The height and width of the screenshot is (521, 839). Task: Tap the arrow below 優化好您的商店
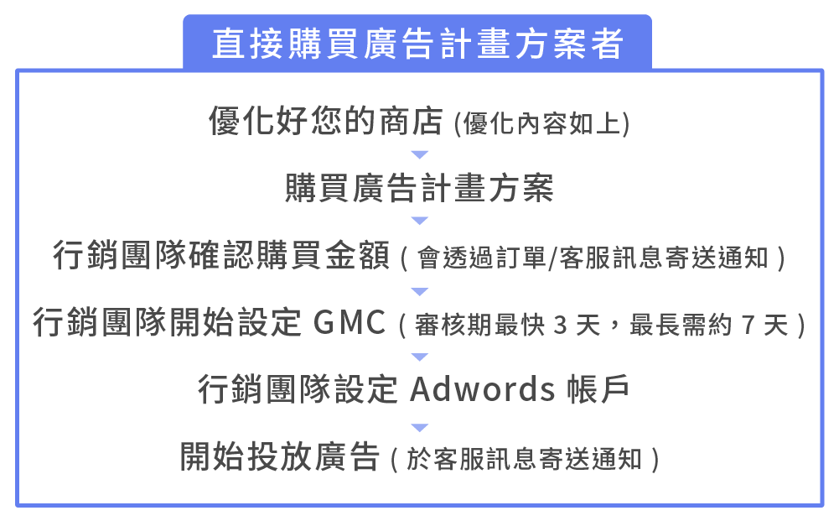420,155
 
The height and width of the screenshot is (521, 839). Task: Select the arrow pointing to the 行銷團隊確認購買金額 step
420,221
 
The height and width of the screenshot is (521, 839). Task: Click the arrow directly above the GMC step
420,291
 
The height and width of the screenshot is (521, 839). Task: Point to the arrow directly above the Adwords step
420,357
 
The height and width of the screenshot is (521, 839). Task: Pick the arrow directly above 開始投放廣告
420,427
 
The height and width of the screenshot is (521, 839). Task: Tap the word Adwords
482,390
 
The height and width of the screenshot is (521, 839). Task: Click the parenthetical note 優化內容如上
541,124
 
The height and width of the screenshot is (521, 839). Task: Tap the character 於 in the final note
417,460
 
